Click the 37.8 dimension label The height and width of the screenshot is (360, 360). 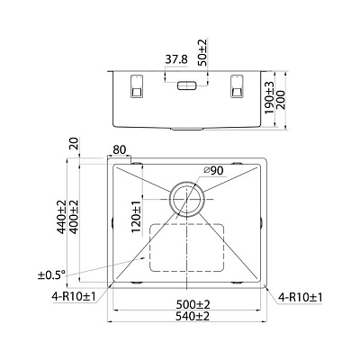coord(176,61)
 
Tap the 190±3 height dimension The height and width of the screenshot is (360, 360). coord(270,94)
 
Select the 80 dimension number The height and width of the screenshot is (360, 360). coord(121,151)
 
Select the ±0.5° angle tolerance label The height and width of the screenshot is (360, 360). coord(50,274)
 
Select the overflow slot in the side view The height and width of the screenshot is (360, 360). coord(188,86)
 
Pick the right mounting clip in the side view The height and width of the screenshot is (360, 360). coord(238,85)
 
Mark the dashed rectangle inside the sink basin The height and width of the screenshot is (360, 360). coord(187,247)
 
